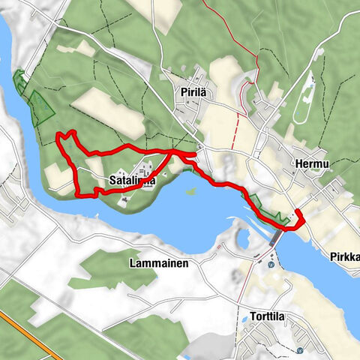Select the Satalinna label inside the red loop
pyautogui.click(x=131, y=181)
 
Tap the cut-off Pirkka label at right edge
pyautogui.click(x=344, y=257)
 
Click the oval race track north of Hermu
pyautogui.click(x=304, y=105)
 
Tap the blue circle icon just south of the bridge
pyautogui.click(x=270, y=262)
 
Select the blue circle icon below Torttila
pyautogui.click(x=300, y=349)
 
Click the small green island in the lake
pyautogui.click(x=190, y=191)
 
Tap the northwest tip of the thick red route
pyautogui.click(x=60, y=136)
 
